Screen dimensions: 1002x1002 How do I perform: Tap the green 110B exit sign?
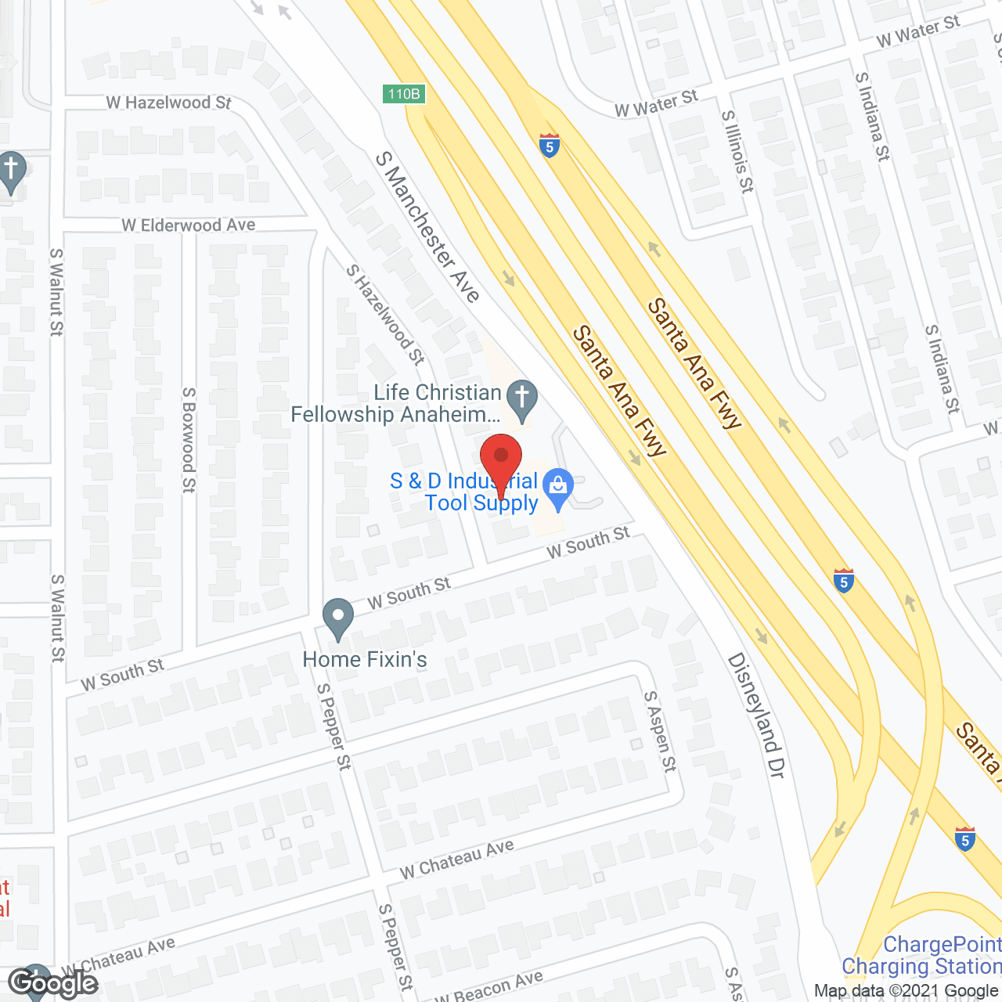pos(404,94)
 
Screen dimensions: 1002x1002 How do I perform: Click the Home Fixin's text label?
pos(365,660)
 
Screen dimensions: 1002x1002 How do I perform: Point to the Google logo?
pos(52,982)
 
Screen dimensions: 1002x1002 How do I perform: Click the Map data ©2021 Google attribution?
pos(906,991)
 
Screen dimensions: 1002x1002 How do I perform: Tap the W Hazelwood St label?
pos(169,103)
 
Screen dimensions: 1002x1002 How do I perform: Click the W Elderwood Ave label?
pos(189,225)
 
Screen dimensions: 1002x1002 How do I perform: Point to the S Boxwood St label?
pos(189,439)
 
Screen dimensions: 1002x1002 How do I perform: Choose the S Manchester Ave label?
pos(427,226)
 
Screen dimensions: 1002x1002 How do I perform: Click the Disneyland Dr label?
pos(755,715)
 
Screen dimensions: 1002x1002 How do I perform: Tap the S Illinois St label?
pos(737,151)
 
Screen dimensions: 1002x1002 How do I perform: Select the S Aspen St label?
pos(660,731)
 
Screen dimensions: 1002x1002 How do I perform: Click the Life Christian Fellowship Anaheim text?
pos(396,403)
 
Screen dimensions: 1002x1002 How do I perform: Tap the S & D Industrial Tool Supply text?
pos(464,492)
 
